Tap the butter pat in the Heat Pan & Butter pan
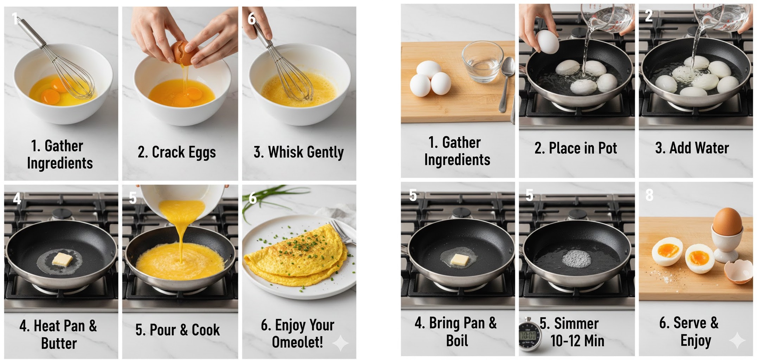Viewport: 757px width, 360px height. pyautogui.click(x=62, y=259)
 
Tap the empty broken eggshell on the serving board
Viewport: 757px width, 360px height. pyautogui.click(x=738, y=271)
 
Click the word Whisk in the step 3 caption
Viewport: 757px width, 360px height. pyautogui.click(x=284, y=152)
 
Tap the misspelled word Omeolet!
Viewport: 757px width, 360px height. pyautogui.click(x=297, y=342)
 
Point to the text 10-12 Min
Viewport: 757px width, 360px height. pyautogui.click(x=577, y=341)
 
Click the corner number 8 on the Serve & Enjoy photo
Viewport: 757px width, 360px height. pyautogui.click(x=649, y=195)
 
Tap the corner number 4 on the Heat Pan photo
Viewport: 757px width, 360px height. pyautogui.click(x=17, y=199)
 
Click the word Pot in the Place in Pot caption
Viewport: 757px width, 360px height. pyautogui.click(x=607, y=148)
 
